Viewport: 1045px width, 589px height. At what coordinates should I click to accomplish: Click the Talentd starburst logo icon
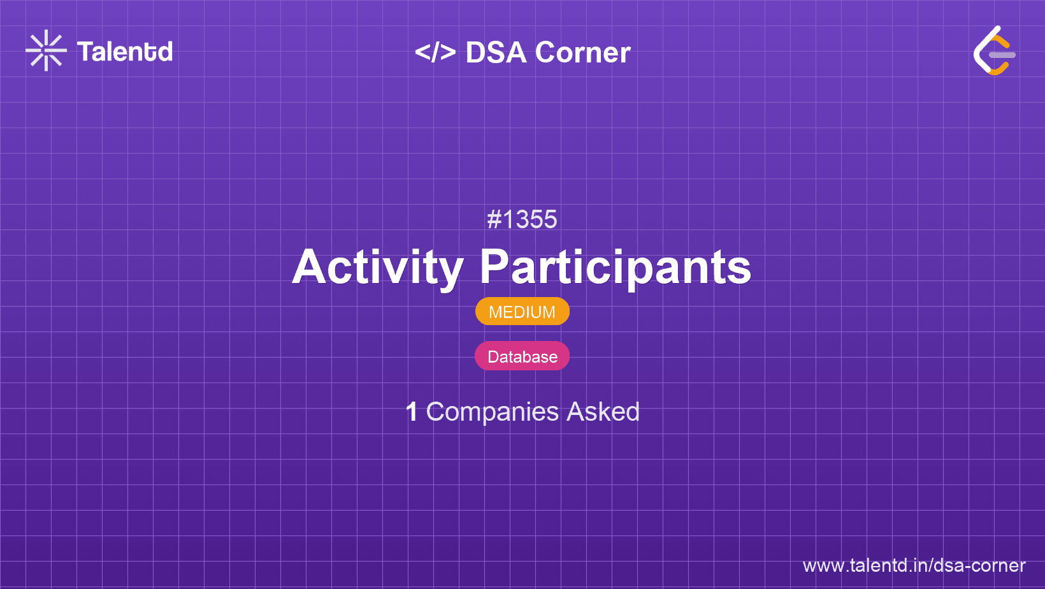46,50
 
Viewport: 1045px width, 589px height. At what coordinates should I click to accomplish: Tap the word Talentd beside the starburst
125,52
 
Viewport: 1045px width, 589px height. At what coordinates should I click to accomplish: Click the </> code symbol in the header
435,52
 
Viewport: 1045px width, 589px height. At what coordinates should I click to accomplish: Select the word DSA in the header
496,52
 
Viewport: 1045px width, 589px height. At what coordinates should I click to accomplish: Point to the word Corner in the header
583,52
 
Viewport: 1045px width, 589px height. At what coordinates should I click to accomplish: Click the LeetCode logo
994,50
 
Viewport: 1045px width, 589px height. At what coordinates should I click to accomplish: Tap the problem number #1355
522,219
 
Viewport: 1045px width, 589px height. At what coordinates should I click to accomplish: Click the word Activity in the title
378,268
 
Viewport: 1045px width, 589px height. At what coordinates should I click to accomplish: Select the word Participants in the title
616,268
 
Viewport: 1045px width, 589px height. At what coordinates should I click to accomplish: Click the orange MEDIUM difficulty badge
522,311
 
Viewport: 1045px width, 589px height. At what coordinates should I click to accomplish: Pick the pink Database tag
522,356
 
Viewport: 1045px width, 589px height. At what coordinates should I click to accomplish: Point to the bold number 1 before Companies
412,412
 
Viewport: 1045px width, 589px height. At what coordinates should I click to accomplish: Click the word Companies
493,412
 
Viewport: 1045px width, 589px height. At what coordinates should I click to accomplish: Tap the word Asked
603,412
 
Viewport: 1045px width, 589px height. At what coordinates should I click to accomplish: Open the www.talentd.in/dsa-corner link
914,565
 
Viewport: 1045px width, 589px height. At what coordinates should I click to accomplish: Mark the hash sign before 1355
494,219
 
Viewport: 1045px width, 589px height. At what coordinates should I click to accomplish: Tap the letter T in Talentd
86,52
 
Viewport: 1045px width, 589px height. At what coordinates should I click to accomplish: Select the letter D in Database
494,356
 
